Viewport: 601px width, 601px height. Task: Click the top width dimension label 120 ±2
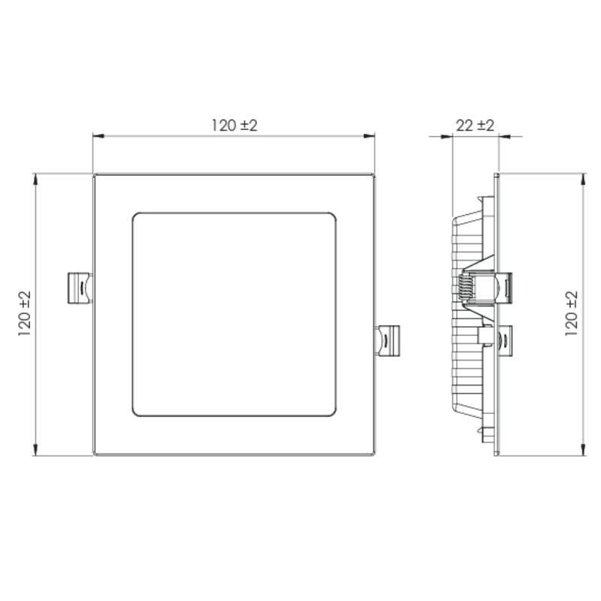[234, 125]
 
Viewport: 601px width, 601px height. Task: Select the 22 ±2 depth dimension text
[475, 125]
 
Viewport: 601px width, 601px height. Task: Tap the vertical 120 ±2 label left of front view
[24, 314]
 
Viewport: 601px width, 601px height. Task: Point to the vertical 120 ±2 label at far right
[571, 314]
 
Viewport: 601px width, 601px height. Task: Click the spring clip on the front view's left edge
[80, 288]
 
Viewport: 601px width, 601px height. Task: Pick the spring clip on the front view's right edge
[388, 341]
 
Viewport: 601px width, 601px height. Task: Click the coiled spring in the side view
[464, 287]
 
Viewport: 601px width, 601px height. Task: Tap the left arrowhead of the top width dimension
[98, 136]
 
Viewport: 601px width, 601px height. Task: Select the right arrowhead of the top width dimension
[369, 136]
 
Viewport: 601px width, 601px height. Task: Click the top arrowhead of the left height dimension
[35, 180]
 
